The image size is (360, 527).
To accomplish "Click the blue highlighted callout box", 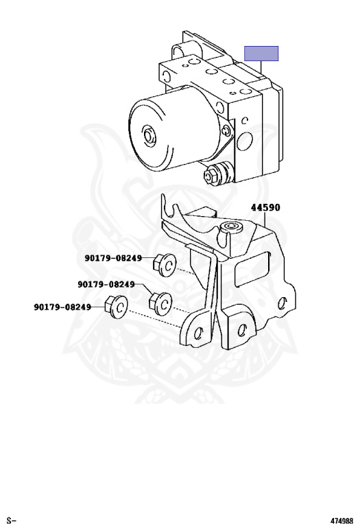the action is [261, 54].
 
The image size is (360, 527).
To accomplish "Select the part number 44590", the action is [265, 207].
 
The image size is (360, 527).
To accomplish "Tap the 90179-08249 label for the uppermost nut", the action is [113, 258].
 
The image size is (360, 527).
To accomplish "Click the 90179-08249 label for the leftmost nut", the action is [62, 307].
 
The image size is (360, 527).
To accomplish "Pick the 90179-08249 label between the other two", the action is [106, 284].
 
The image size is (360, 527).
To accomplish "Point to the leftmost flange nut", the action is [116, 305].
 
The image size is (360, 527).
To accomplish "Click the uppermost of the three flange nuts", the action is [165, 264].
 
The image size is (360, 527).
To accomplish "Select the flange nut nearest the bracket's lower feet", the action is [160, 303].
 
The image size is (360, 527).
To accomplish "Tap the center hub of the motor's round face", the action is [149, 134].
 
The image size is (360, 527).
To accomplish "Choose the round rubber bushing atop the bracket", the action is [230, 228].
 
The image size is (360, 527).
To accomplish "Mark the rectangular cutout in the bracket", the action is [253, 269].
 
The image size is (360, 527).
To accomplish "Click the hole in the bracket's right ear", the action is [283, 303].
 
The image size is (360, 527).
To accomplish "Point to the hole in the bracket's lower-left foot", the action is [199, 332].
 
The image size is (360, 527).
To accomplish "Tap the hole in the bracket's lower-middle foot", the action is [241, 330].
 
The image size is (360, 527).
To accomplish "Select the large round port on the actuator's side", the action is [245, 141].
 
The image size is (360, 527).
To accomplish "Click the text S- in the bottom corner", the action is [12, 521].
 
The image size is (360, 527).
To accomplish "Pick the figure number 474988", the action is [341, 521].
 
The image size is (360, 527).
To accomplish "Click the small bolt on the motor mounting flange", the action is [227, 130].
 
